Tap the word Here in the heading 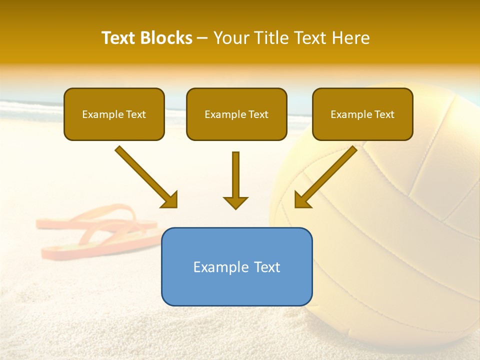pos(351,38)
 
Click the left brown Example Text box pos(114,114)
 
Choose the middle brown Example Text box pos(236,114)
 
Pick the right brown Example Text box pos(362,114)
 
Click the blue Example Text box pos(236,266)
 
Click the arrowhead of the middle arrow pos(235,202)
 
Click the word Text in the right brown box pos(384,114)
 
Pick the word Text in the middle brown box pos(258,114)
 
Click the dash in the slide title pos(202,38)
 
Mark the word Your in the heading pos(229,38)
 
